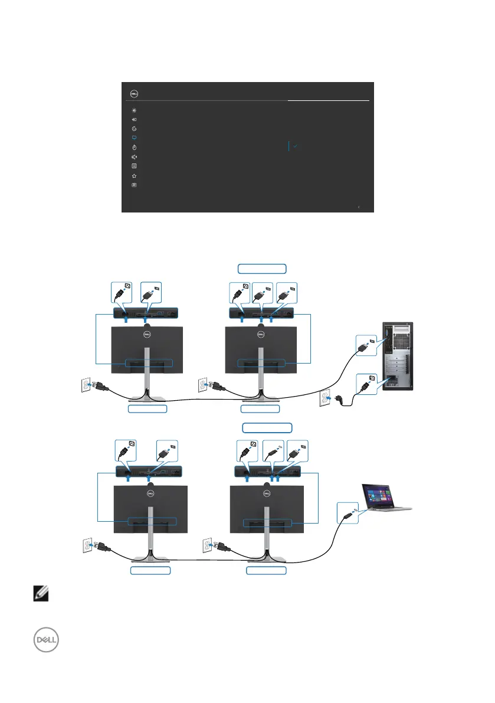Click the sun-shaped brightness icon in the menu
pyautogui.click(x=135, y=110)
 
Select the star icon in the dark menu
pyautogui.click(x=135, y=176)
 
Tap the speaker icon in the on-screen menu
pyautogui.click(x=135, y=157)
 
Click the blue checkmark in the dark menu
pyautogui.click(x=294, y=145)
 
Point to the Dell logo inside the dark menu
pyautogui.click(x=134, y=93)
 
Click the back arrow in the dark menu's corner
pyautogui.click(x=359, y=207)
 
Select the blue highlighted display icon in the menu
pyautogui.click(x=135, y=138)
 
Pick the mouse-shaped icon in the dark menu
pyautogui.click(x=135, y=147)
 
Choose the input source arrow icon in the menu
pyautogui.click(x=135, y=119)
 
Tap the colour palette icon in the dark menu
pyautogui.click(x=135, y=128)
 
